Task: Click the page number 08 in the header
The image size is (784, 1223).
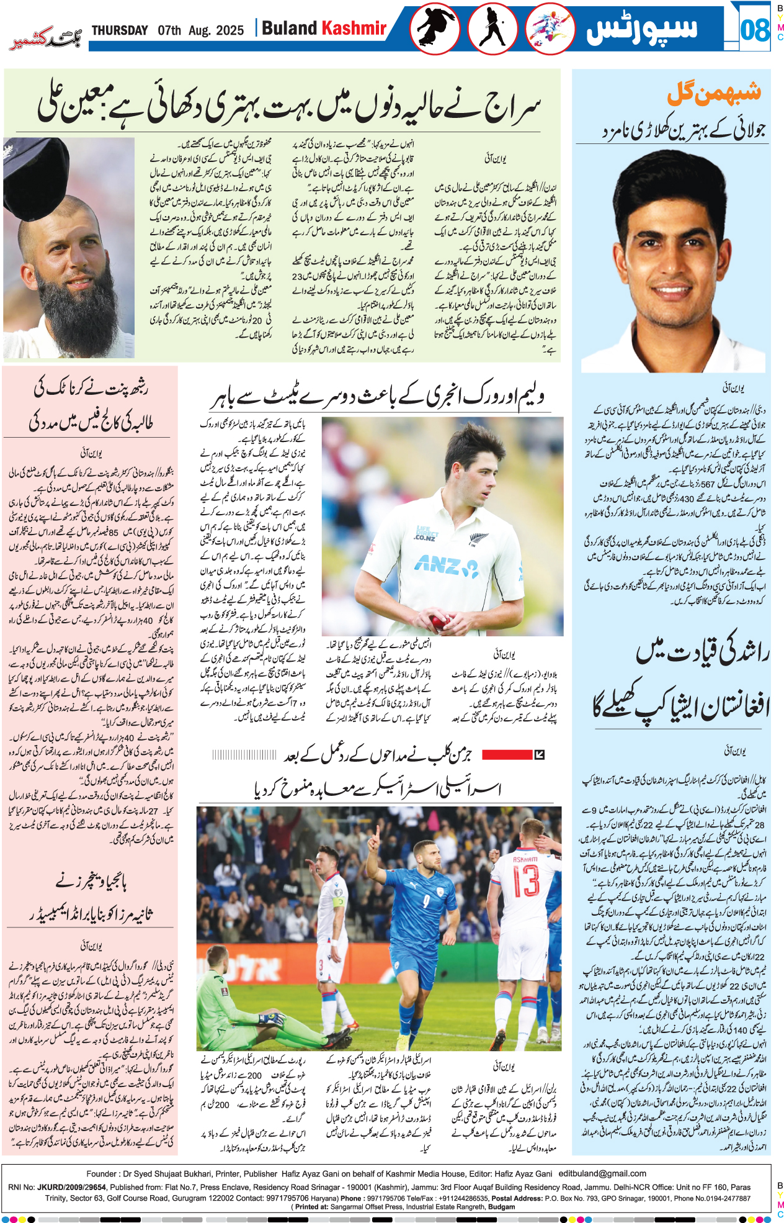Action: point(754,29)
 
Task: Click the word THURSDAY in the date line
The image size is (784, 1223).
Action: point(120,30)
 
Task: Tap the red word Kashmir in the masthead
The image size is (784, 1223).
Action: point(354,28)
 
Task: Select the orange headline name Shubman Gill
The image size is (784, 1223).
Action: point(713,93)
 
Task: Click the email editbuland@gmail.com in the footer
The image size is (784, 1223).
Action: point(602,1173)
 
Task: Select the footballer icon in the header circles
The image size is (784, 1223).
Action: point(550,30)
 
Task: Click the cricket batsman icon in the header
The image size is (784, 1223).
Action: point(493,30)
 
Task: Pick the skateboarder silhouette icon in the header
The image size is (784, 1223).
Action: point(434,30)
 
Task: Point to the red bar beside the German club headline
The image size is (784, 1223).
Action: point(507,755)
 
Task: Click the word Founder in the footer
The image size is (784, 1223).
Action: point(102,1173)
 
